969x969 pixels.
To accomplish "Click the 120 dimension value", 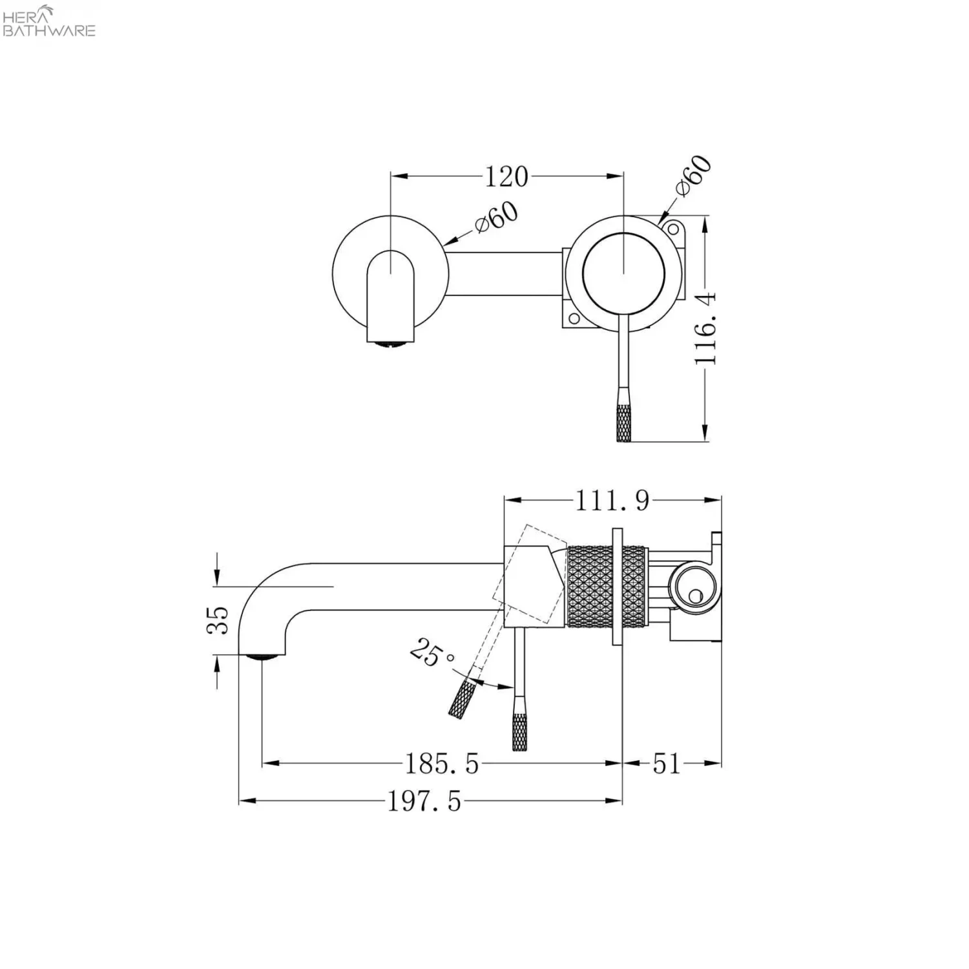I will click(506, 176).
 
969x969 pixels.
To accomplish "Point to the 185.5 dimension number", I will click(442, 764).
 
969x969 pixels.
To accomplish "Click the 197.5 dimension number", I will click(424, 802).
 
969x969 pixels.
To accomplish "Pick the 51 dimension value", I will click(667, 764).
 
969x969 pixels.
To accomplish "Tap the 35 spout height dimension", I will click(218, 620).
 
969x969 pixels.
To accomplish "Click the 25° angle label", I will click(432, 652).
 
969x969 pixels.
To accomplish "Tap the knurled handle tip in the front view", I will click(623, 422).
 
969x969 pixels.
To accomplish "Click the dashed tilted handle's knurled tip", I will click(463, 700).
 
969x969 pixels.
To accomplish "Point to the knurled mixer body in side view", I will click(589, 587).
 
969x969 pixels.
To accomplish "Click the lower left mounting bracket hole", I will click(572, 318).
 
